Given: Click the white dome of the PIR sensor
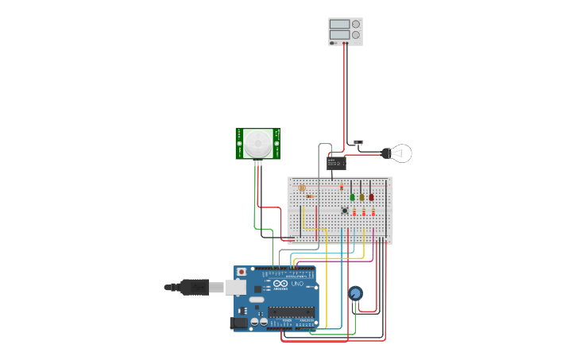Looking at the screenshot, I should [257, 144].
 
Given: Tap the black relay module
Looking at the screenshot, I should [336, 163].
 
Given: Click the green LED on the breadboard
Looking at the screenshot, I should [353, 196].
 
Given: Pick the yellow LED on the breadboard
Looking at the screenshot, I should [361, 196].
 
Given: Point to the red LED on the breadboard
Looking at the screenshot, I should [371, 196].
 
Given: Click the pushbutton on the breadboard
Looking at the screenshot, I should [344, 211].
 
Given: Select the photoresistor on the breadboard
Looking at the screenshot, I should [302, 188].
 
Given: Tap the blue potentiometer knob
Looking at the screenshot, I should [355, 293].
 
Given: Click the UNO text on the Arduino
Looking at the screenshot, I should [297, 284].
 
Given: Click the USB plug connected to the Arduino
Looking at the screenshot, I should [195, 287].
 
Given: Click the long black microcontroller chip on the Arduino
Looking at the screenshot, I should [290, 312].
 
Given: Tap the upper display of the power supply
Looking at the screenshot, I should [339, 25].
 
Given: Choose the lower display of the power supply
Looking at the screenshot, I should [339, 35].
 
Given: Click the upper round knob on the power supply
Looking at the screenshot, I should [356, 24].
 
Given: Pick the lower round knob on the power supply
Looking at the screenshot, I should [356, 35].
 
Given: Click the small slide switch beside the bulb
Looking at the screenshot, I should [358, 143].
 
